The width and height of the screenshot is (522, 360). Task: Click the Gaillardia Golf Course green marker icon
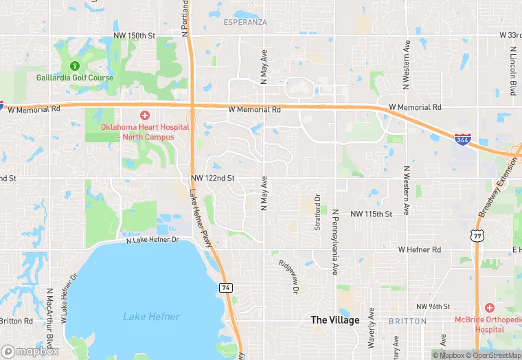[x=75, y=66]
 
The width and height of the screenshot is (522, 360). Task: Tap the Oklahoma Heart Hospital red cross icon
[x=144, y=115]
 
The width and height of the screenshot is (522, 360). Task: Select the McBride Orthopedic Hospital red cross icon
[x=489, y=307]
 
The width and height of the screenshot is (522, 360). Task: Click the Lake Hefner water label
[x=152, y=317]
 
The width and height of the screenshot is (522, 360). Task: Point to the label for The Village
[x=334, y=320]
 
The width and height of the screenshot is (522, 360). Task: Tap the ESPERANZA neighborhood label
[x=245, y=22]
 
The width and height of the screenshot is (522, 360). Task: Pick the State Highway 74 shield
[x=225, y=286]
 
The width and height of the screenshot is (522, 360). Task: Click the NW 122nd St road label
[x=213, y=178]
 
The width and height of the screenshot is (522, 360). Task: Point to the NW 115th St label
[x=371, y=214]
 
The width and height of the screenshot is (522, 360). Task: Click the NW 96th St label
[x=433, y=306]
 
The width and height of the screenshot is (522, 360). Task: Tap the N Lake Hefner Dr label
[x=152, y=240]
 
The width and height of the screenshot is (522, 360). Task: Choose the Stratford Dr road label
[x=318, y=212]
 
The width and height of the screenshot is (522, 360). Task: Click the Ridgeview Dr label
[x=289, y=277]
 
